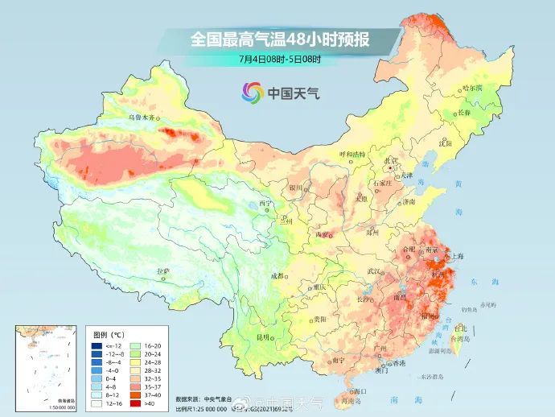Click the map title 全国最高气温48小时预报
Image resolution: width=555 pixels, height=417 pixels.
click(x=278, y=38)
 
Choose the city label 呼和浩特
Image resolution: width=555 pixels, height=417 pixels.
click(x=351, y=153)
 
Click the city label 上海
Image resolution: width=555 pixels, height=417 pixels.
click(x=456, y=257)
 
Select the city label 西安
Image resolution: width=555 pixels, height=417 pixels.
click(x=323, y=234)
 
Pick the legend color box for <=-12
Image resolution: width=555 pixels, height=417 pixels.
click(x=96, y=345)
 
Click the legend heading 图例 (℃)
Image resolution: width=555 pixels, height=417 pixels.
click(x=105, y=333)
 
